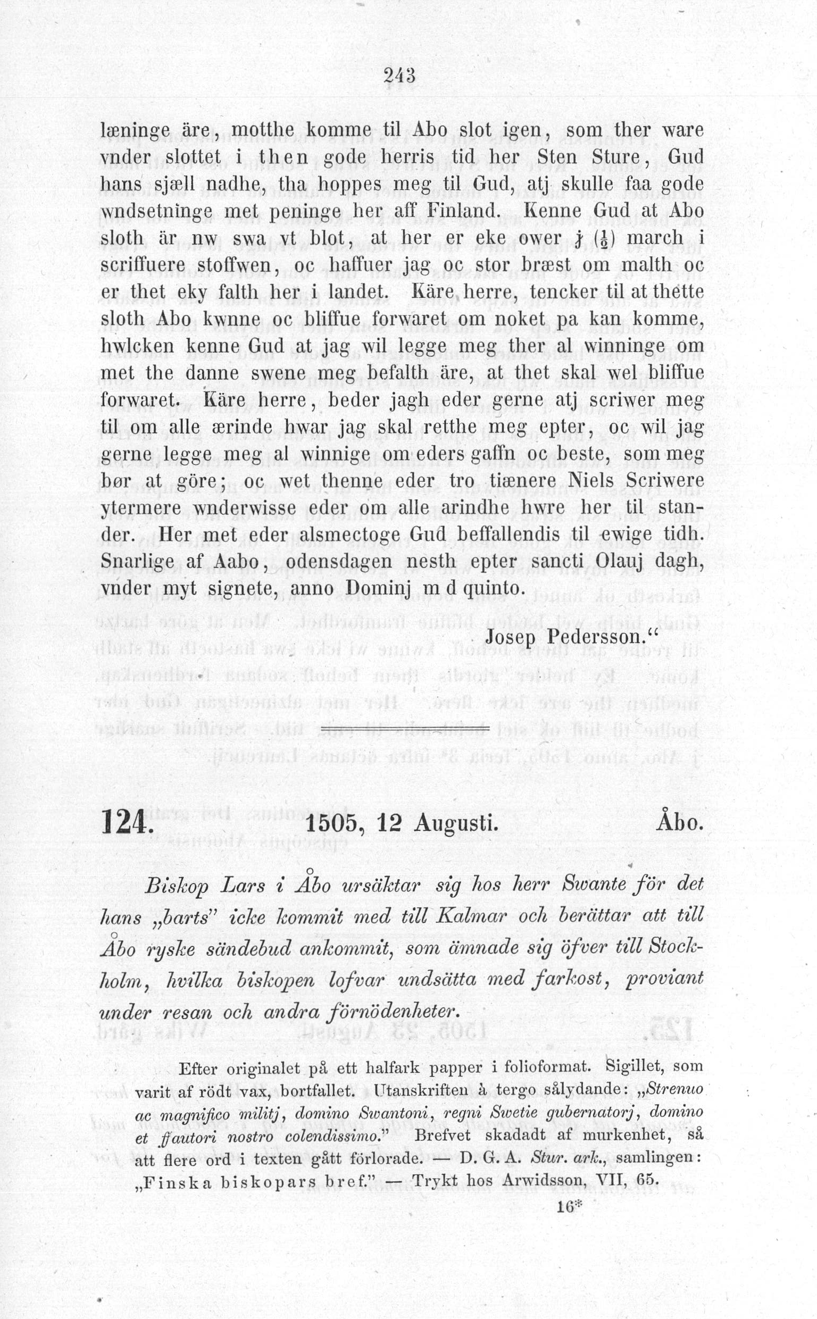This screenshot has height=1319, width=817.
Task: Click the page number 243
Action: click(x=399, y=75)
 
